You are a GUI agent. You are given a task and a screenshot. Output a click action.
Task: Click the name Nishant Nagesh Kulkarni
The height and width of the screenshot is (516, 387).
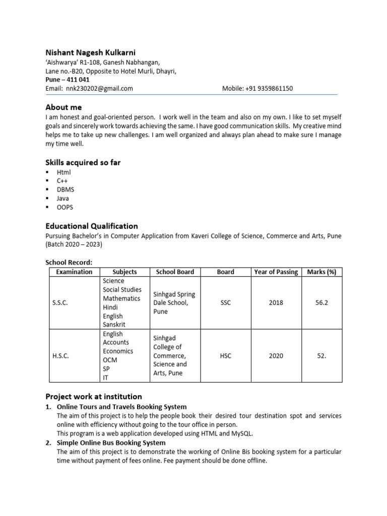click(x=90, y=52)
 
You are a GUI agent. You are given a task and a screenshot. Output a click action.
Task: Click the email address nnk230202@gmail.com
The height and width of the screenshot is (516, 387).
click(x=99, y=88)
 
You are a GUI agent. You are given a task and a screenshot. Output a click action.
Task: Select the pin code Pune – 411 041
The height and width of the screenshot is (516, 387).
click(x=68, y=80)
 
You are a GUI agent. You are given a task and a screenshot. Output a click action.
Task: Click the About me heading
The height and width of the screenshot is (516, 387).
click(x=63, y=107)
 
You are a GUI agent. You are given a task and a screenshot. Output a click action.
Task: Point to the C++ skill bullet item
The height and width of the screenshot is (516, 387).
click(x=62, y=181)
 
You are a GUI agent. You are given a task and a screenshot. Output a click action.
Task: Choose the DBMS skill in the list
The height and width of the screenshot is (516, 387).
click(x=65, y=189)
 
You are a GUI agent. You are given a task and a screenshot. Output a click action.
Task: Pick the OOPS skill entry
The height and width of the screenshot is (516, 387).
click(x=64, y=207)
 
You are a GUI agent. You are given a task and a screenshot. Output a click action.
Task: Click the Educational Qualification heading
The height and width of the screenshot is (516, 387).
click(x=92, y=226)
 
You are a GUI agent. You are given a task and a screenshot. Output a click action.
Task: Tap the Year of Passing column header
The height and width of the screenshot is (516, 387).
click(x=276, y=272)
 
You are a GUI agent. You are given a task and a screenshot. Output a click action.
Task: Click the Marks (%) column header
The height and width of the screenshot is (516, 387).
click(x=321, y=272)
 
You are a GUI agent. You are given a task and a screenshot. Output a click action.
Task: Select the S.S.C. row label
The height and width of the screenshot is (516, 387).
click(x=60, y=303)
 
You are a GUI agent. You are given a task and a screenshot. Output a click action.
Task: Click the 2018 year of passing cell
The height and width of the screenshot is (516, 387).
click(x=276, y=303)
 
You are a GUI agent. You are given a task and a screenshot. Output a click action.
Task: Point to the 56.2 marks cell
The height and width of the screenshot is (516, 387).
click(x=321, y=303)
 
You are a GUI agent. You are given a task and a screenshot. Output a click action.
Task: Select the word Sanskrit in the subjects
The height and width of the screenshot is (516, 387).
click(x=114, y=325)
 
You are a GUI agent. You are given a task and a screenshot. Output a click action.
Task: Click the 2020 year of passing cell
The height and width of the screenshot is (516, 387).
click(x=276, y=356)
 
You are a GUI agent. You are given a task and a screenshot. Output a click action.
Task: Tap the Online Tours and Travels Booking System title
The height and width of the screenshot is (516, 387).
click(x=121, y=407)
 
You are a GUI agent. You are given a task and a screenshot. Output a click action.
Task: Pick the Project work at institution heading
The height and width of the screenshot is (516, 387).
click(x=94, y=397)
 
